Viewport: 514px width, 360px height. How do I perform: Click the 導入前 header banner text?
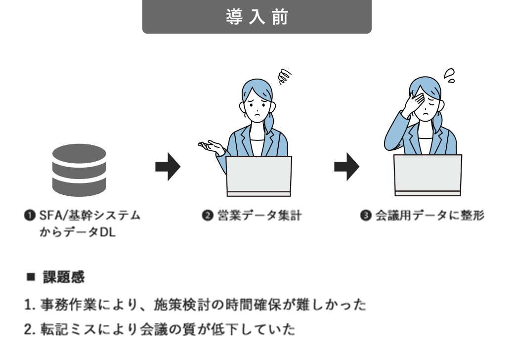click(257, 17)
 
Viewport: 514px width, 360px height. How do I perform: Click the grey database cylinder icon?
click(80, 170)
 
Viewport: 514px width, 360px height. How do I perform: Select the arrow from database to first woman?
click(168, 167)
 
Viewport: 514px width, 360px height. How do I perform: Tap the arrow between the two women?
click(347, 167)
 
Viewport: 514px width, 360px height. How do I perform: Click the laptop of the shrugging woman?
click(258, 176)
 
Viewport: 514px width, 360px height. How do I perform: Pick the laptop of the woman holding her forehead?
click(428, 175)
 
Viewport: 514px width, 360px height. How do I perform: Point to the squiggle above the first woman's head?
click(284, 77)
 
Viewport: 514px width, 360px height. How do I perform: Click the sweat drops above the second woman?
click(449, 75)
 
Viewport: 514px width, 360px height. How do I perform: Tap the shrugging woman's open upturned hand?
click(210, 146)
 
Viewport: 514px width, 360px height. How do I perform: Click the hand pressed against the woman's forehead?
click(414, 102)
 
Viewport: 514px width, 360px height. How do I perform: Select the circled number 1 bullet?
click(30, 216)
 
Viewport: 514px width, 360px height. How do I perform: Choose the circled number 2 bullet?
click(208, 216)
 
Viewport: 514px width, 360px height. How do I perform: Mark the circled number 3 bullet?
click(366, 216)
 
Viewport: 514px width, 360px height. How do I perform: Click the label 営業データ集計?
click(259, 216)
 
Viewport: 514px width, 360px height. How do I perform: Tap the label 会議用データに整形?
click(429, 216)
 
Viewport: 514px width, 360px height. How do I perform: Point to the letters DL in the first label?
click(107, 232)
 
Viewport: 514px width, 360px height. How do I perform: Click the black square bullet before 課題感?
click(31, 277)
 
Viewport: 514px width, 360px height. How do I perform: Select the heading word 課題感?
click(64, 277)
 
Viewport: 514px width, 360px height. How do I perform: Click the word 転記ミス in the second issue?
click(68, 329)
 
